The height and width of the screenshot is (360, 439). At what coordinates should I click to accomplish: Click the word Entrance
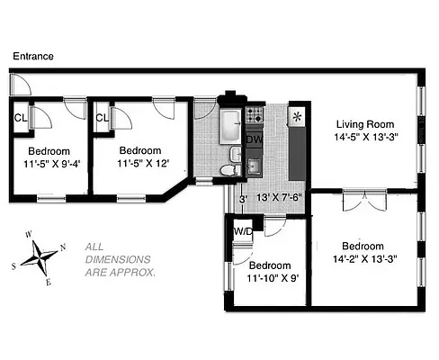[x=33, y=56]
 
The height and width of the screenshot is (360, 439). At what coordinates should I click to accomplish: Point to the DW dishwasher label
[x=255, y=139]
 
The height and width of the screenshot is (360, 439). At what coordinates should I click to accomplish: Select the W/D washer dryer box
[x=241, y=232]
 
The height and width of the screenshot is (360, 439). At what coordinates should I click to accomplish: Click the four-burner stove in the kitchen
[x=255, y=115]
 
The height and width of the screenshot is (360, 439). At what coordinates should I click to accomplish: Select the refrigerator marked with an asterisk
[x=296, y=118]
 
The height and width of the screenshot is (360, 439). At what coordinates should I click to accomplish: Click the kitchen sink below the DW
[x=255, y=165]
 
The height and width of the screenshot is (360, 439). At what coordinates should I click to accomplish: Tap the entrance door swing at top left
[x=20, y=85]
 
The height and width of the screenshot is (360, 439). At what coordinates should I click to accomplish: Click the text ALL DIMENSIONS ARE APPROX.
[x=120, y=258]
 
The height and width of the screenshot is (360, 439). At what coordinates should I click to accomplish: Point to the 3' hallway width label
[x=242, y=199]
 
